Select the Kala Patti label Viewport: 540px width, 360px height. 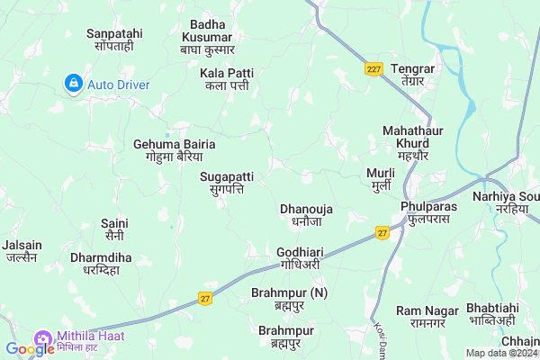[227, 78]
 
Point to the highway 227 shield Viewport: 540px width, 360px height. [374, 68]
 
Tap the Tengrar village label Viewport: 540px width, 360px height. [414, 75]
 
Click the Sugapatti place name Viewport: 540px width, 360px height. [226, 184]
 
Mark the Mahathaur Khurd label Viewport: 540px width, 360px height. [412, 137]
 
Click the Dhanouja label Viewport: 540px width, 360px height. [307, 214]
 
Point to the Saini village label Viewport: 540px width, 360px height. [114, 229]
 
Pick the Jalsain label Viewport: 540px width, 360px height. [22, 250]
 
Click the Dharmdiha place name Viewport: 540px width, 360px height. [101, 263]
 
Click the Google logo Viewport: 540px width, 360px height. [30, 348]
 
